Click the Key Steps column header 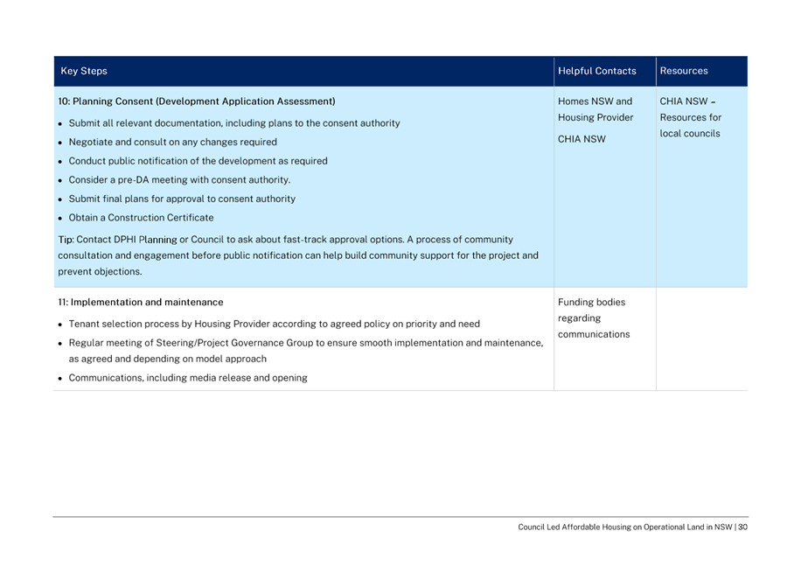[84, 72]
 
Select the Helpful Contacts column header [597, 72]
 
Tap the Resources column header [684, 72]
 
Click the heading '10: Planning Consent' [196, 101]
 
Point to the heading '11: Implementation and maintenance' [140, 303]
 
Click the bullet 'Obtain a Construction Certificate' [141, 218]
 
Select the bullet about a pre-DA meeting [179, 180]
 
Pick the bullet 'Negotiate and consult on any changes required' [172, 142]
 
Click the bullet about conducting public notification [198, 161]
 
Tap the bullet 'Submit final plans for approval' [182, 199]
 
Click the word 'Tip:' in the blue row [66, 240]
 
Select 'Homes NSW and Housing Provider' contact [596, 109]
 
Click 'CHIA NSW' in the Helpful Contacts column [582, 139]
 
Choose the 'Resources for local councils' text [691, 126]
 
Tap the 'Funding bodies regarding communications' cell [594, 318]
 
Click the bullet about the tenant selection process [274, 324]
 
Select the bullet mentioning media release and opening [188, 378]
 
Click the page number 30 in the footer [742, 528]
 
